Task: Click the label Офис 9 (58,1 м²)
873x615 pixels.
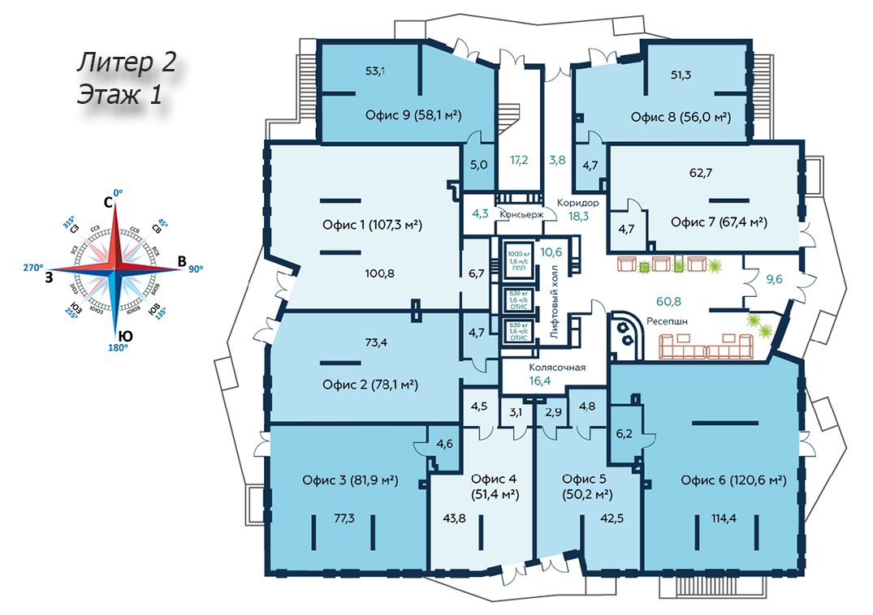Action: pyautogui.click(x=413, y=116)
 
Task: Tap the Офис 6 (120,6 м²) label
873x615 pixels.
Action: pyautogui.click(x=733, y=480)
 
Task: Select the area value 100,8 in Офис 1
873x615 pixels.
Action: pyautogui.click(x=379, y=273)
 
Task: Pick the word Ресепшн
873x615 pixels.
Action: pyautogui.click(x=668, y=321)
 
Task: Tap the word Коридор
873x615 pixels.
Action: pyautogui.click(x=578, y=203)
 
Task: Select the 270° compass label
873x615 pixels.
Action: pyautogui.click(x=33, y=267)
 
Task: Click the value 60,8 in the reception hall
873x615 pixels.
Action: pyautogui.click(x=668, y=302)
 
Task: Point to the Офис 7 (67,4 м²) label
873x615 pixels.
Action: pyautogui.click(x=720, y=221)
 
